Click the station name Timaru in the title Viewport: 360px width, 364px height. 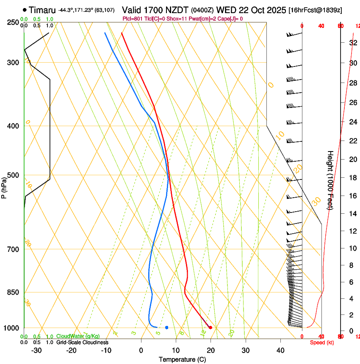(x=42, y=10)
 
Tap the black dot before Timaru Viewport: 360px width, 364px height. (x=25, y=10)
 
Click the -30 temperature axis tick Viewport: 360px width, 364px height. (x=36, y=350)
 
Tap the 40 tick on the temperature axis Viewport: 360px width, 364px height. (x=280, y=350)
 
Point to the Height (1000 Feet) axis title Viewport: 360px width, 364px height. (x=330, y=180)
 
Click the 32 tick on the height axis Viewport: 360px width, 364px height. (x=352, y=42)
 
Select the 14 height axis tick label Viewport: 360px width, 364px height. (x=352, y=214)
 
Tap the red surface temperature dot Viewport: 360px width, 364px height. (x=210, y=328)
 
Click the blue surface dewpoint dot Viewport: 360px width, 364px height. (x=167, y=328)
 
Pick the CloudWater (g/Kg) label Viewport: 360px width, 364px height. (x=78, y=336)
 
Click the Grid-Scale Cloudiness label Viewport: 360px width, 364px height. (x=82, y=342)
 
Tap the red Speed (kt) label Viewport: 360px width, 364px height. (x=322, y=342)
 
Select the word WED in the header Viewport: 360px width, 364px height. (x=225, y=10)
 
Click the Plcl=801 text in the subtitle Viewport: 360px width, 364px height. (x=133, y=19)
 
